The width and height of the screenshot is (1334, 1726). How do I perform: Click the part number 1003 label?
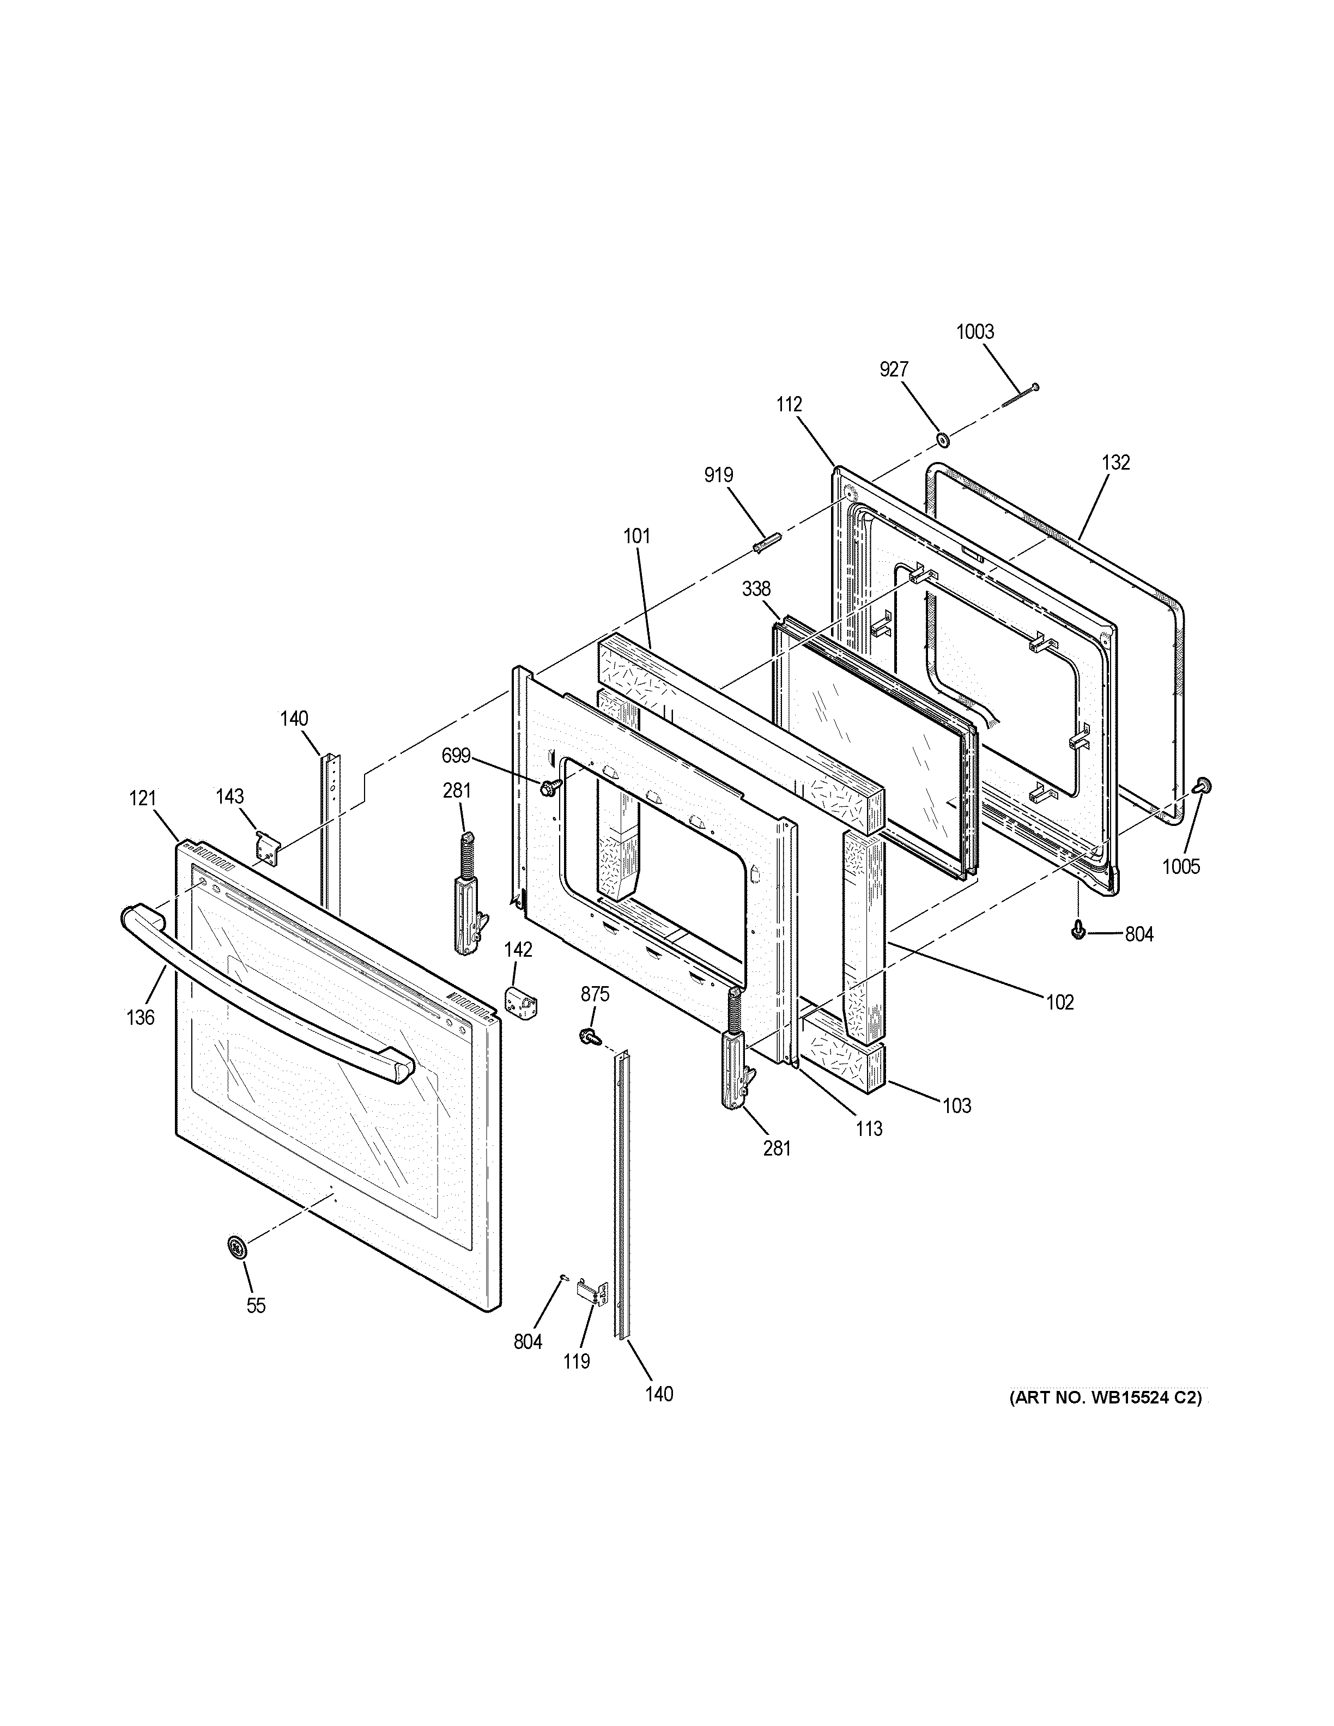click(975, 332)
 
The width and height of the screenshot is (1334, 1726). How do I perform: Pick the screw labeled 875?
click(589, 1035)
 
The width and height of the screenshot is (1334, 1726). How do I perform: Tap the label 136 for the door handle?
click(141, 1018)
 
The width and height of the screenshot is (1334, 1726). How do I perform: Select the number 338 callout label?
click(756, 589)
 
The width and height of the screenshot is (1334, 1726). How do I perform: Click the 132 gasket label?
click(1116, 463)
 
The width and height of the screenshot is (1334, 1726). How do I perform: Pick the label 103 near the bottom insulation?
click(956, 1105)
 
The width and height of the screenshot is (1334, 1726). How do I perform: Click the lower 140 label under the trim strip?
click(659, 1394)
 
